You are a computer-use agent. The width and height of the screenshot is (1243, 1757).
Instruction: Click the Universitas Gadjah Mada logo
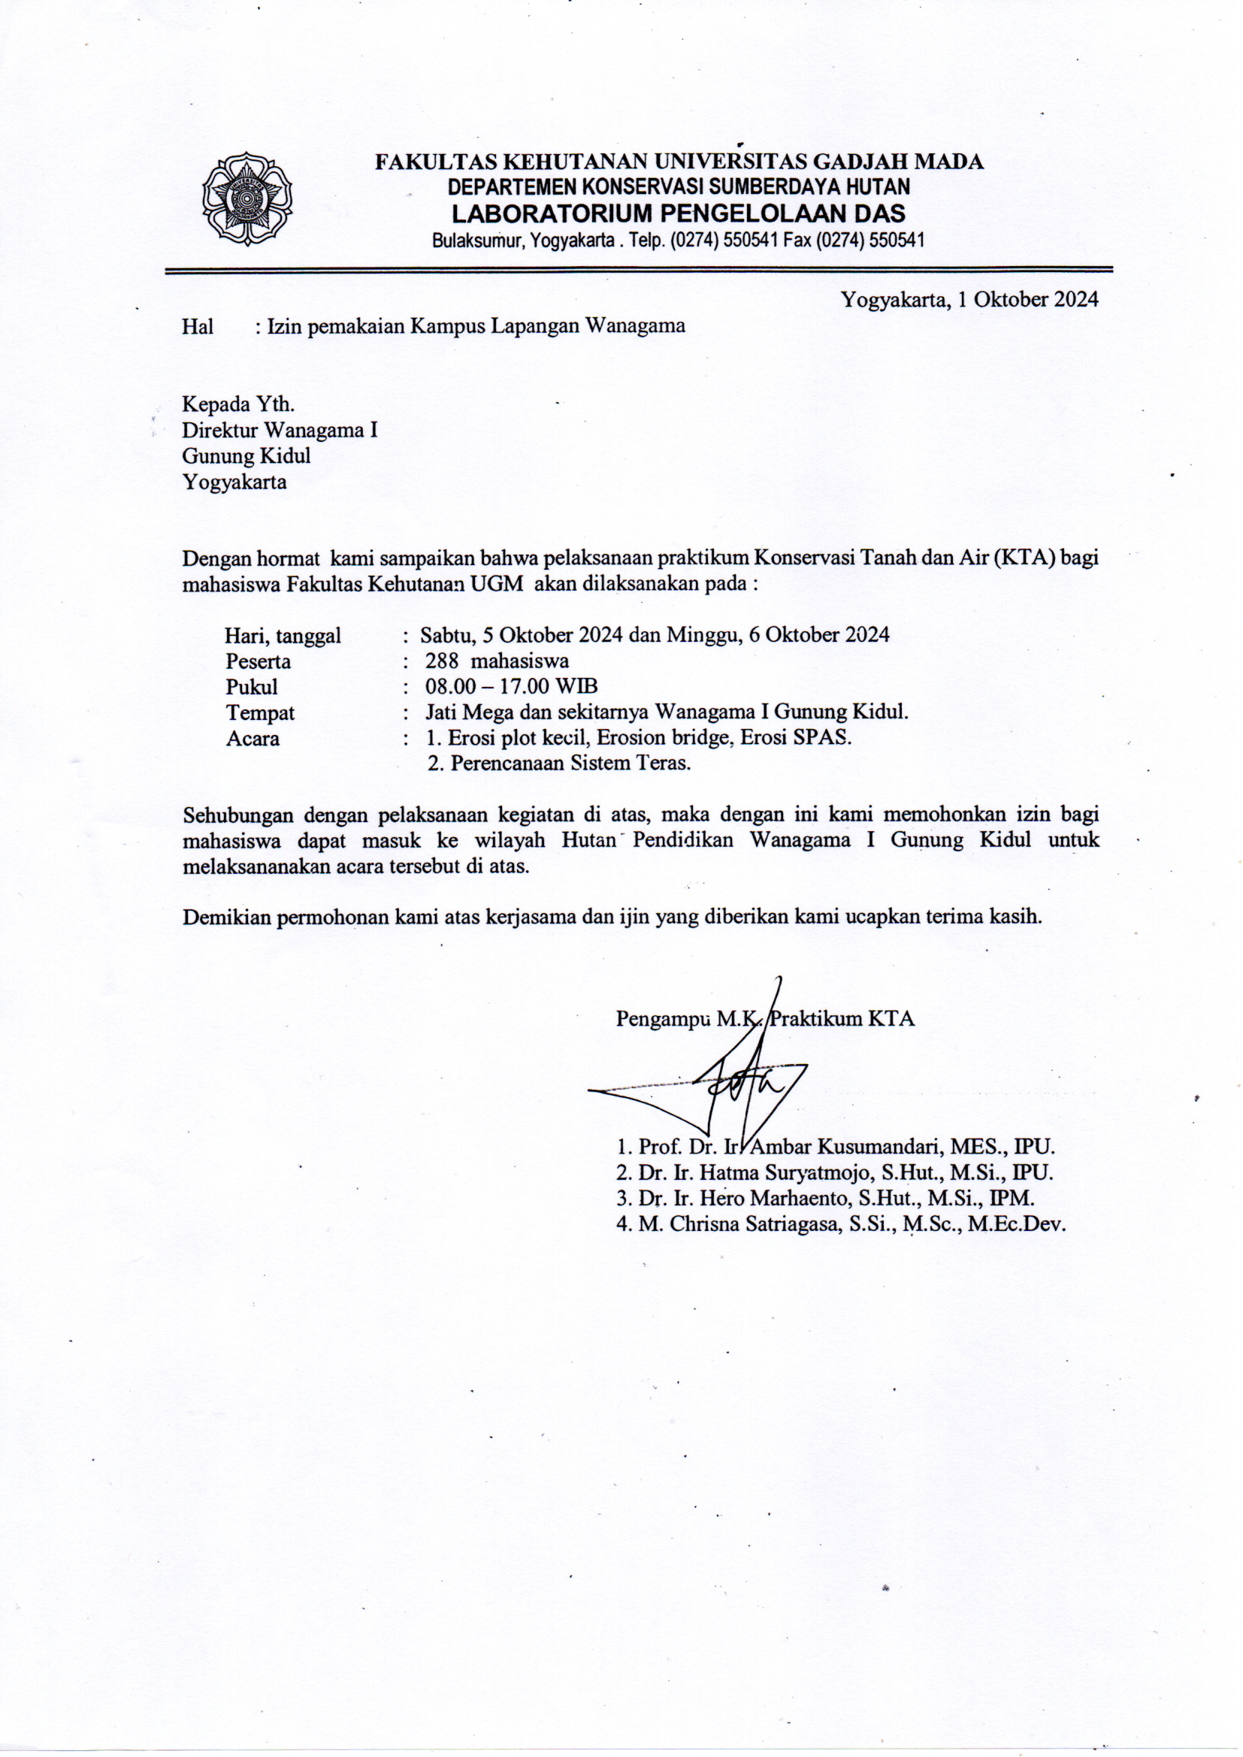[247, 198]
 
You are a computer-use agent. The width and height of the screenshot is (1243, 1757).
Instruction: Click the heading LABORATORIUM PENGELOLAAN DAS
[678, 213]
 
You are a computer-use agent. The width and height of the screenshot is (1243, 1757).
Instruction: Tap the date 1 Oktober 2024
[1022, 299]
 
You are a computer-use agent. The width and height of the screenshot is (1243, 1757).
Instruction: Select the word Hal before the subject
[198, 327]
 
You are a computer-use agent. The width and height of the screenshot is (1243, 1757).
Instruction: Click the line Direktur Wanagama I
[280, 430]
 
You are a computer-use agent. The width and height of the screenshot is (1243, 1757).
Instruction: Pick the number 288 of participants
[442, 661]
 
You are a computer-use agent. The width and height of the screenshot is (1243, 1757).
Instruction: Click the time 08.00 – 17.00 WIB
[511, 686]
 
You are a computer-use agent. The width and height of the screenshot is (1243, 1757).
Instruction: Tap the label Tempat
[260, 712]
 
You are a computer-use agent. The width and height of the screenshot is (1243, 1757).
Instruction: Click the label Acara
[253, 739]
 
